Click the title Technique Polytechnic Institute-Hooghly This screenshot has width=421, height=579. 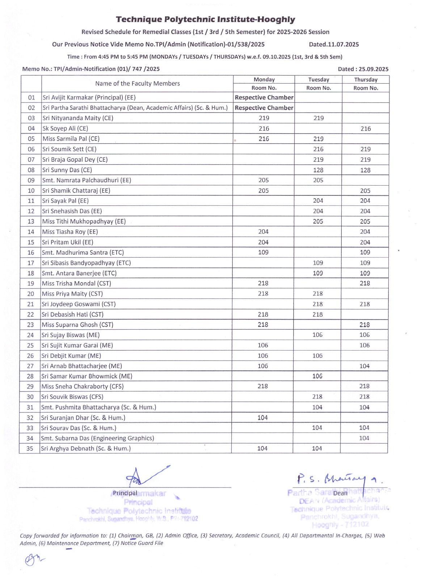click(x=205, y=19)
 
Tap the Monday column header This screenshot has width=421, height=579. click(x=264, y=79)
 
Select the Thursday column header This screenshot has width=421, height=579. click(x=366, y=79)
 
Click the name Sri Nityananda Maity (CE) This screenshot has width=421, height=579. click(x=78, y=118)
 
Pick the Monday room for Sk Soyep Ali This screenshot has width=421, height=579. click(x=264, y=128)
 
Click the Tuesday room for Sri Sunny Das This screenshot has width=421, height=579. click(x=318, y=170)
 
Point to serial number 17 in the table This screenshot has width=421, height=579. click(x=31, y=263)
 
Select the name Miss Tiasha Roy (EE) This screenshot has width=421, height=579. click(x=70, y=232)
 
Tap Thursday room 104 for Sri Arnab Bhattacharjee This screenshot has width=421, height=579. click(x=364, y=366)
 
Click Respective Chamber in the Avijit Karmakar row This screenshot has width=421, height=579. click(x=264, y=97)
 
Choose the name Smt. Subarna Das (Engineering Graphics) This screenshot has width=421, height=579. click(x=97, y=438)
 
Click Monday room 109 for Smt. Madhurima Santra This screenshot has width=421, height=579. click(x=263, y=252)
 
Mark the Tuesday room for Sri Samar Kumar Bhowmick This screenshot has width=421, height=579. click(x=317, y=376)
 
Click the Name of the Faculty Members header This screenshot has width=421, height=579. click(x=137, y=84)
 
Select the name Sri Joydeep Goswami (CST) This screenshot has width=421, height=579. click(x=79, y=304)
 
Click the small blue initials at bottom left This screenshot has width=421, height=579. click(x=33, y=559)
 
